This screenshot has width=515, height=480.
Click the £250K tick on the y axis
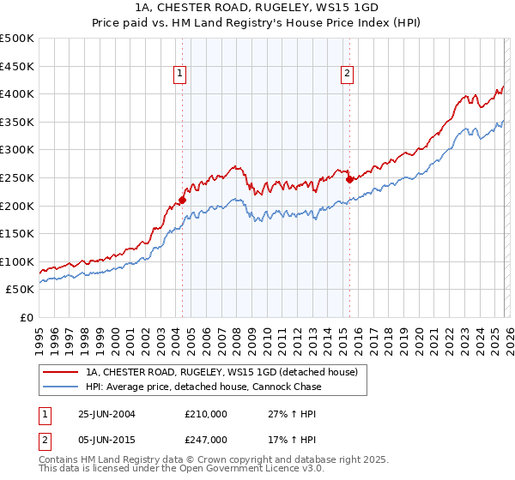[17, 177]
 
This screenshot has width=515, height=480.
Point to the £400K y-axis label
[17, 93]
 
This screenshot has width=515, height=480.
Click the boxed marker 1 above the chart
[181, 75]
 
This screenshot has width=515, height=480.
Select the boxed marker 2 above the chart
[348, 75]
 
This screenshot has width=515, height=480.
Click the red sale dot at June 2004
[182, 201]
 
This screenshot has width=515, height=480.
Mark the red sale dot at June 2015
[348, 179]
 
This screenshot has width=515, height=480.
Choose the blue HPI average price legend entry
[203, 387]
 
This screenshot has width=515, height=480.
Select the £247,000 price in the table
[206, 439]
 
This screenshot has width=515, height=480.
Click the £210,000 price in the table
[206, 414]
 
